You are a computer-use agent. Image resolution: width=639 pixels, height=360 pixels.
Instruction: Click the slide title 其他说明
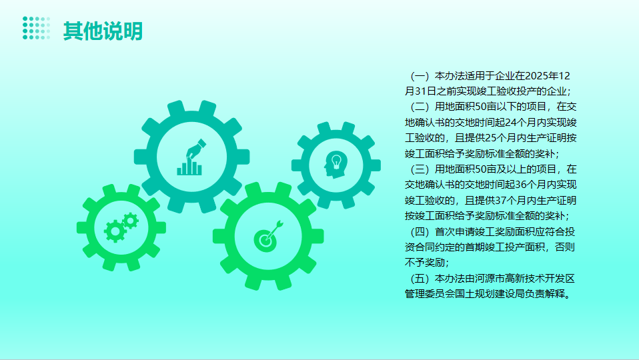coord(103,31)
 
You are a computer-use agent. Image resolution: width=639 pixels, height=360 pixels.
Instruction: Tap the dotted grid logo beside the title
coord(36,28)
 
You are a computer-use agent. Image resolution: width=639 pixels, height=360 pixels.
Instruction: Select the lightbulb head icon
coord(336,165)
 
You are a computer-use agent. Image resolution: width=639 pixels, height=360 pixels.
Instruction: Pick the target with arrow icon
coord(268,236)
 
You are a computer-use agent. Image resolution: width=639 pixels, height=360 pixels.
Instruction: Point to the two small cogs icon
coord(121,227)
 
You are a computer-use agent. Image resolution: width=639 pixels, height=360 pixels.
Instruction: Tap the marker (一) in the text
coord(420,76)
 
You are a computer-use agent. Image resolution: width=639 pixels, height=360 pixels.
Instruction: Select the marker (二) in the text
coord(420,107)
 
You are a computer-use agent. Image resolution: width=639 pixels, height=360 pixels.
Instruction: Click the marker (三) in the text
coord(420,169)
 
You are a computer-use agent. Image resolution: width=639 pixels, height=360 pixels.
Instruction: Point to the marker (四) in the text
coord(420,232)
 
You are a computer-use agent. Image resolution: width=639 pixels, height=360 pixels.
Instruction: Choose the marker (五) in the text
coord(420,279)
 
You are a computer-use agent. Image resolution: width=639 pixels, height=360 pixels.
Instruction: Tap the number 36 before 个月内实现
coord(521,185)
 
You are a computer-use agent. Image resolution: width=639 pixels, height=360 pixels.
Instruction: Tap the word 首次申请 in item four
coord(455,232)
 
